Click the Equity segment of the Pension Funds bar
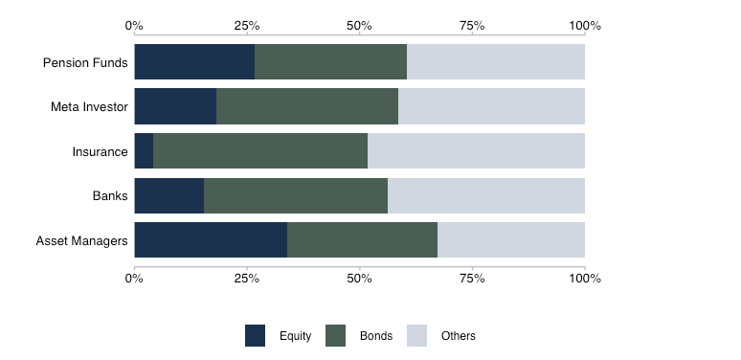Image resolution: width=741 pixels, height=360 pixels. click(194, 62)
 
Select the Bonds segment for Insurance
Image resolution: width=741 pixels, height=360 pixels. click(260, 151)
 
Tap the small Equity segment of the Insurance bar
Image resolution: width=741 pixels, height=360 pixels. click(144, 151)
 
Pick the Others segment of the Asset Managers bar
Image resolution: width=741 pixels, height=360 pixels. click(511, 240)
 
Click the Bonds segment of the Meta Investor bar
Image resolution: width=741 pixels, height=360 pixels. click(307, 106)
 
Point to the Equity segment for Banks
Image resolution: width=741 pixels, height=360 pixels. click(169, 195)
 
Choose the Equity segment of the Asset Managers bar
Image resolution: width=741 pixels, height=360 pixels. click(211, 240)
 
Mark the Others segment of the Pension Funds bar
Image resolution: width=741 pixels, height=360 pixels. click(496, 62)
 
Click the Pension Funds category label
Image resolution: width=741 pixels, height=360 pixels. click(85, 63)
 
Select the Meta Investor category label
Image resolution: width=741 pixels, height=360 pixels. click(89, 107)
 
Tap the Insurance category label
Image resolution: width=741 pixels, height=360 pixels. click(100, 151)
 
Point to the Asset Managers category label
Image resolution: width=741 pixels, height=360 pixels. click(81, 240)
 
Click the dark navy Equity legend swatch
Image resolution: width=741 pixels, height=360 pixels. click(256, 335)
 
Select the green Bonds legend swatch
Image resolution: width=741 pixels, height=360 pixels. click(336, 335)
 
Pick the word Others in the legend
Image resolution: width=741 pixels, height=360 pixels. click(458, 336)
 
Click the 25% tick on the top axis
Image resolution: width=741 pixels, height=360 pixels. click(247, 26)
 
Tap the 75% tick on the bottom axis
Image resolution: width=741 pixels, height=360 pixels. click(472, 279)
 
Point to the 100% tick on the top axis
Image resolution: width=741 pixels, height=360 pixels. click(585, 26)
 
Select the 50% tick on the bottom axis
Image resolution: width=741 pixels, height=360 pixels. click(359, 279)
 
